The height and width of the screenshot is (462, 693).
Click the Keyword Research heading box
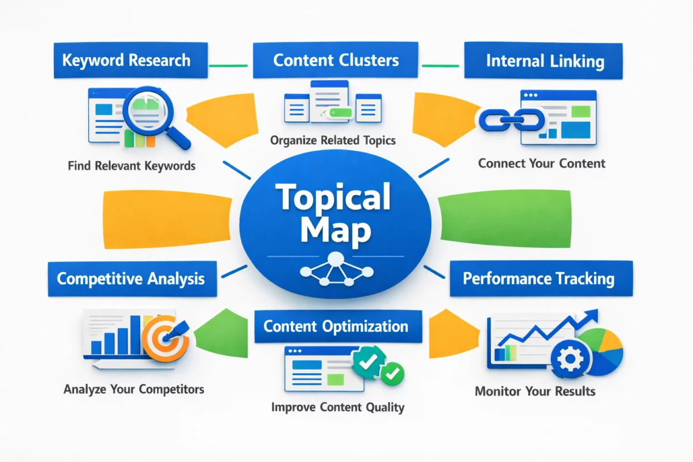click(x=126, y=61)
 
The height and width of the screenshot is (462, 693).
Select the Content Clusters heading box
click(x=336, y=61)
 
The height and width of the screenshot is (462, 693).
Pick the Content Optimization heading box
click(x=336, y=326)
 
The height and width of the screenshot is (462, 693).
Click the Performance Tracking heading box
click(x=538, y=279)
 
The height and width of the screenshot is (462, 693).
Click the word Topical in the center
click(x=333, y=198)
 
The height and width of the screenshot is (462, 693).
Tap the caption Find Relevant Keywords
click(x=131, y=166)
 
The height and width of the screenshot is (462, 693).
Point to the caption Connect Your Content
click(x=542, y=163)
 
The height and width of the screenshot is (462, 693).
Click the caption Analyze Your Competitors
click(x=133, y=389)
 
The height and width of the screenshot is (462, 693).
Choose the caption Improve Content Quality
click(x=338, y=407)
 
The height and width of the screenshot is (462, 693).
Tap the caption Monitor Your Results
click(x=535, y=392)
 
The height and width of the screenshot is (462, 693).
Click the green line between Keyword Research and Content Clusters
click(x=228, y=65)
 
